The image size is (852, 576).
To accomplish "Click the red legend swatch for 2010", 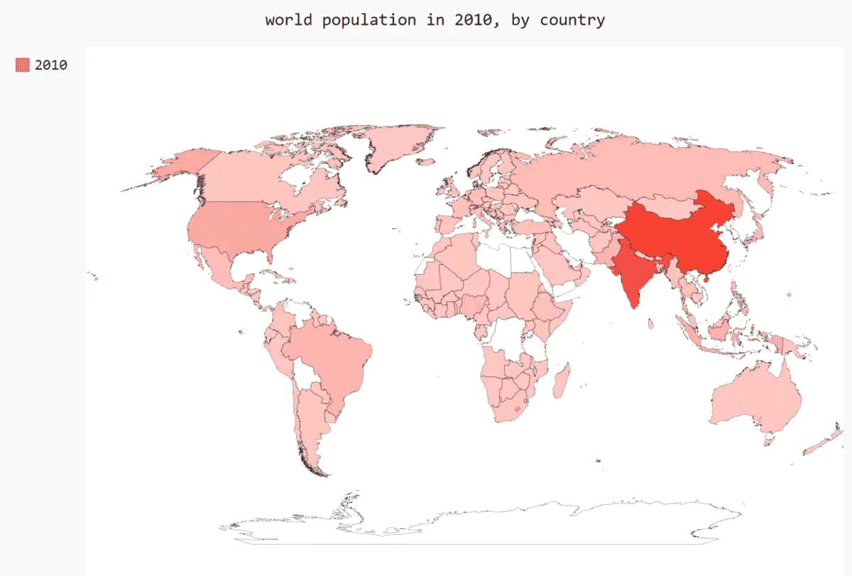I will [x=23, y=65].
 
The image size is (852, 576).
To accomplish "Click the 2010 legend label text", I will [x=51, y=65].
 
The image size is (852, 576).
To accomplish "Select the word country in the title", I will [x=572, y=20].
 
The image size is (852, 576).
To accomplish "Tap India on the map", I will [x=632, y=273].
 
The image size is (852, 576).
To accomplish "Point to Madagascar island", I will [x=561, y=384].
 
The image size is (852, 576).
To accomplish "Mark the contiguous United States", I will [x=241, y=227].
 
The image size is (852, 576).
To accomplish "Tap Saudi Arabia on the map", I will [x=561, y=266].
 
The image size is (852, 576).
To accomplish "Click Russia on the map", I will [x=639, y=163].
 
